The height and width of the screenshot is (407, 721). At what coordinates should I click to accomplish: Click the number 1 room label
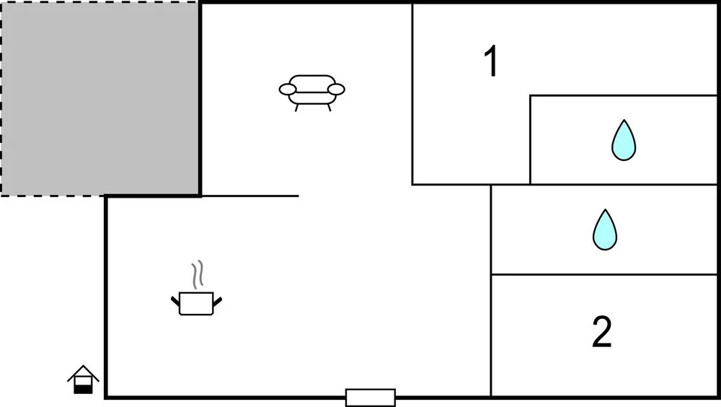click(491, 61)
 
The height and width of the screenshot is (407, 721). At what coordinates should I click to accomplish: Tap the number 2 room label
click(601, 331)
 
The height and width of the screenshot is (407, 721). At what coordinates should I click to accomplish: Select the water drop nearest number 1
click(624, 141)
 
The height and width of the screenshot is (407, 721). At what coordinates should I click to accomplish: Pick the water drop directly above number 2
click(605, 229)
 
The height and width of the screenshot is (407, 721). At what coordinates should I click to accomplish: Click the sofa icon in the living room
click(311, 92)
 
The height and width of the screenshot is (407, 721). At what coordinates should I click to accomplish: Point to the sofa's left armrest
click(288, 89)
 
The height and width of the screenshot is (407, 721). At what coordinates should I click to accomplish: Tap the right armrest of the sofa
click(336, 89)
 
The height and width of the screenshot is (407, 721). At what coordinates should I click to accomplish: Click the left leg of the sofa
click(296, 108)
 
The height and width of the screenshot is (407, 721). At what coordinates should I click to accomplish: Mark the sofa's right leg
click(329, 108)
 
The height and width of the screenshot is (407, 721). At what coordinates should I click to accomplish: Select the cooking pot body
click(196, 303)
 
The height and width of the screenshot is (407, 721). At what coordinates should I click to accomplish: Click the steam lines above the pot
click(198, 275)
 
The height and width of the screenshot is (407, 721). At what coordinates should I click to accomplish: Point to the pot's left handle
click(175, 301)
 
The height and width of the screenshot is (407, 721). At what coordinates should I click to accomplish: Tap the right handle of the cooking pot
click(218, 301)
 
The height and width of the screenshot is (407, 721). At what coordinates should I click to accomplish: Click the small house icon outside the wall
click(83, 380)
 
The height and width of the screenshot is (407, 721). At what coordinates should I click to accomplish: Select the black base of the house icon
click(83, 390)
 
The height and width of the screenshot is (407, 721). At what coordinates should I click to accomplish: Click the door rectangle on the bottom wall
click(370, 398)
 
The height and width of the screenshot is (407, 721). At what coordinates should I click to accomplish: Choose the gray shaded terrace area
click(99, 98)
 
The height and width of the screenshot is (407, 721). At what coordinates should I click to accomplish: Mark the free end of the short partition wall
click(298, 196)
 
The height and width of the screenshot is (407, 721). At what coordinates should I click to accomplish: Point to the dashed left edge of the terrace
click(1, 99)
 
